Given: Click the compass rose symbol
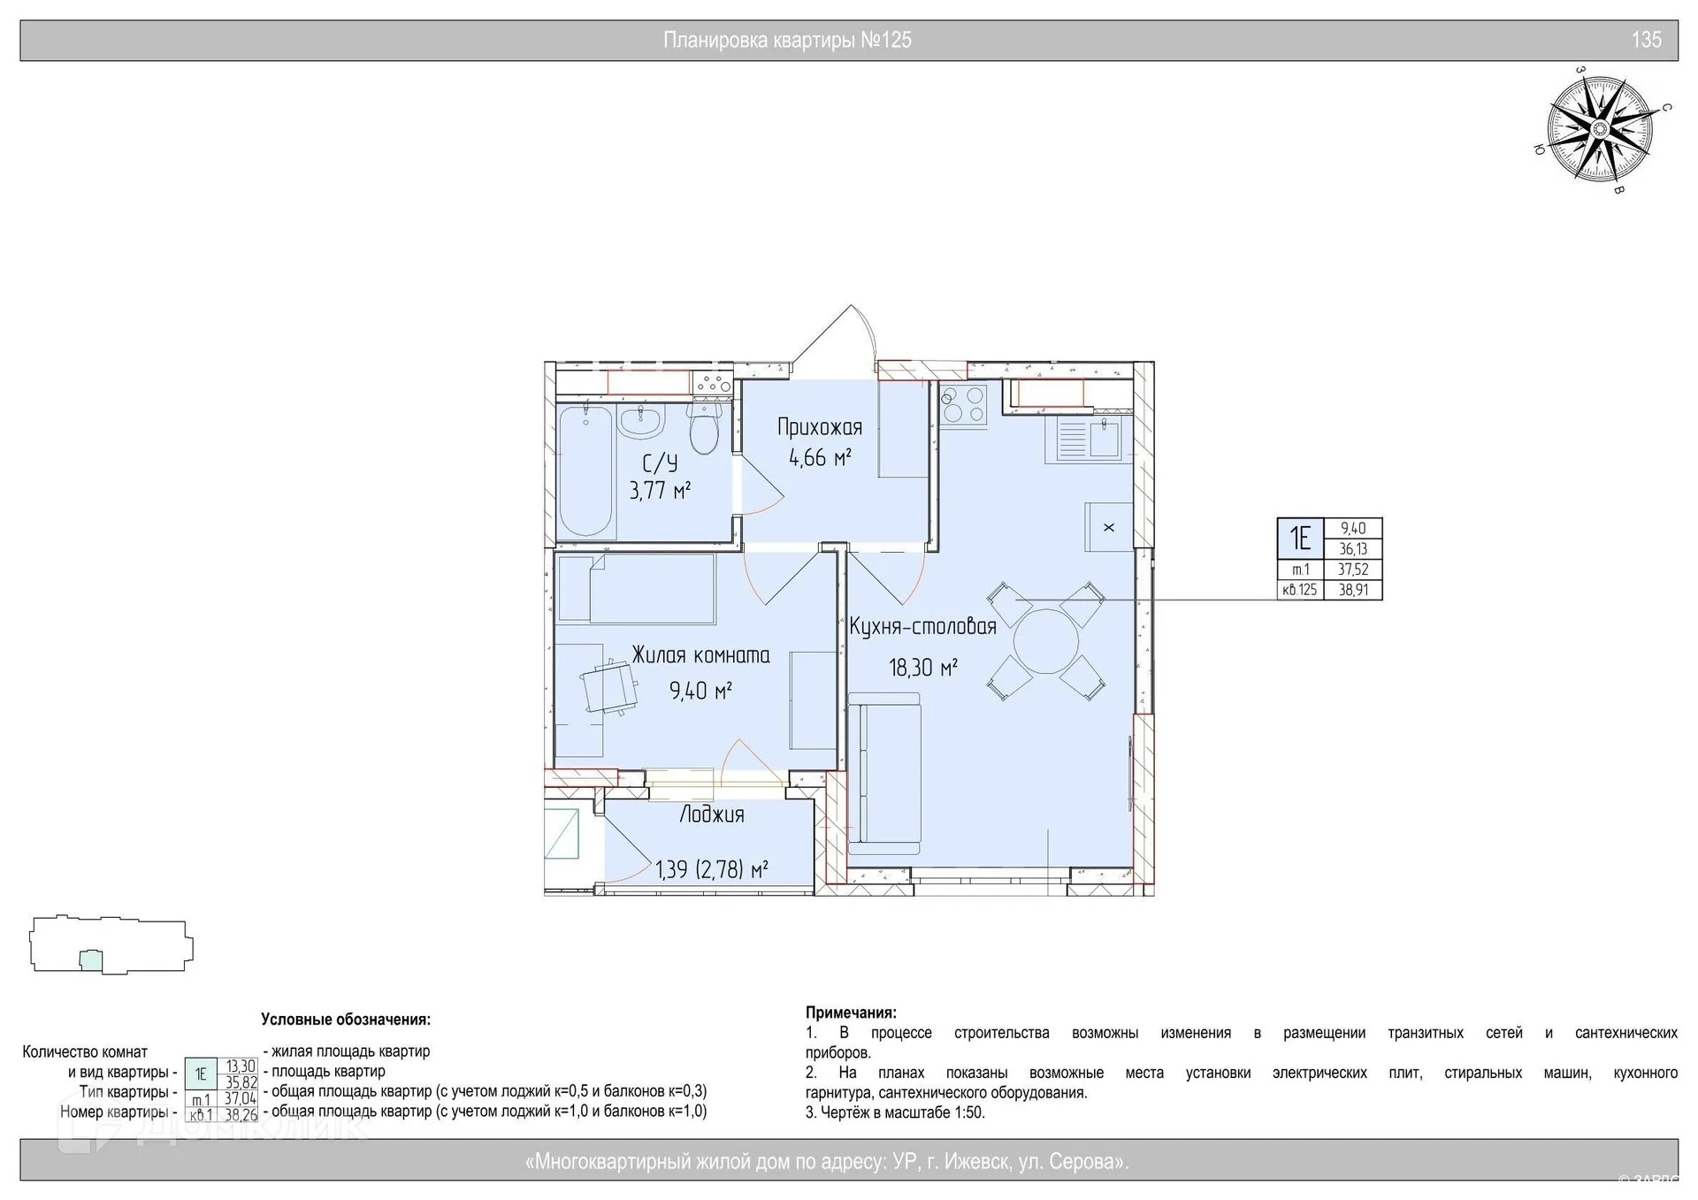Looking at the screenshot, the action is (x=1599, y=130).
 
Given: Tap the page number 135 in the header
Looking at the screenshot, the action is (x=1647, y=40).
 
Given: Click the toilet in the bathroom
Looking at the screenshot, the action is (x=705, y=430).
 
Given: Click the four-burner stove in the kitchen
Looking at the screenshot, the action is (x=963, y=404).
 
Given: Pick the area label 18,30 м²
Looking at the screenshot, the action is (x=923, y=667).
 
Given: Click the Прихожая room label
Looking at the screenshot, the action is (x=820, y=428).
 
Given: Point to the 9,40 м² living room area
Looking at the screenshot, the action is (x=700, y=690).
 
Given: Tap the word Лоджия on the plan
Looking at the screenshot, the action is (x=712, y=814).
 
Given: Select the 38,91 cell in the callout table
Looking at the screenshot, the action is (x=1353, y=590).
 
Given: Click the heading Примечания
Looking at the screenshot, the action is (x=851, y=1013).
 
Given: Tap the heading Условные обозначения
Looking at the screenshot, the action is (x=346, y=1020).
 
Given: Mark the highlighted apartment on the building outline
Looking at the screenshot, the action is (x=91, y=961).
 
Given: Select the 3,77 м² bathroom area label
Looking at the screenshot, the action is (x=660, y=490).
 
